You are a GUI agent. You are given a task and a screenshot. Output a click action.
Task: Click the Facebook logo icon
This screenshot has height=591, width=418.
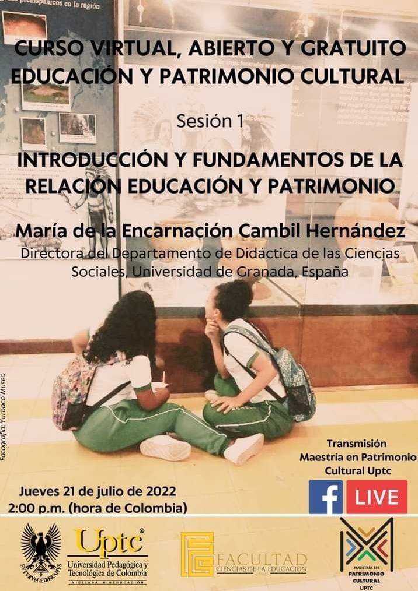325,497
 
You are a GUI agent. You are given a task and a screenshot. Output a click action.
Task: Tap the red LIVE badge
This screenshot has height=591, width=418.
377,497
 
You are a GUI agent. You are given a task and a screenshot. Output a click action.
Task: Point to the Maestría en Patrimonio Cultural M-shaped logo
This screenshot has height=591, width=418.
367,544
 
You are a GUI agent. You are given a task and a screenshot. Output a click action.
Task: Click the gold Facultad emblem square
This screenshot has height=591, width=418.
197,554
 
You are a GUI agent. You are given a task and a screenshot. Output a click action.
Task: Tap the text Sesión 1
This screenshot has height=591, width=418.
209,122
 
